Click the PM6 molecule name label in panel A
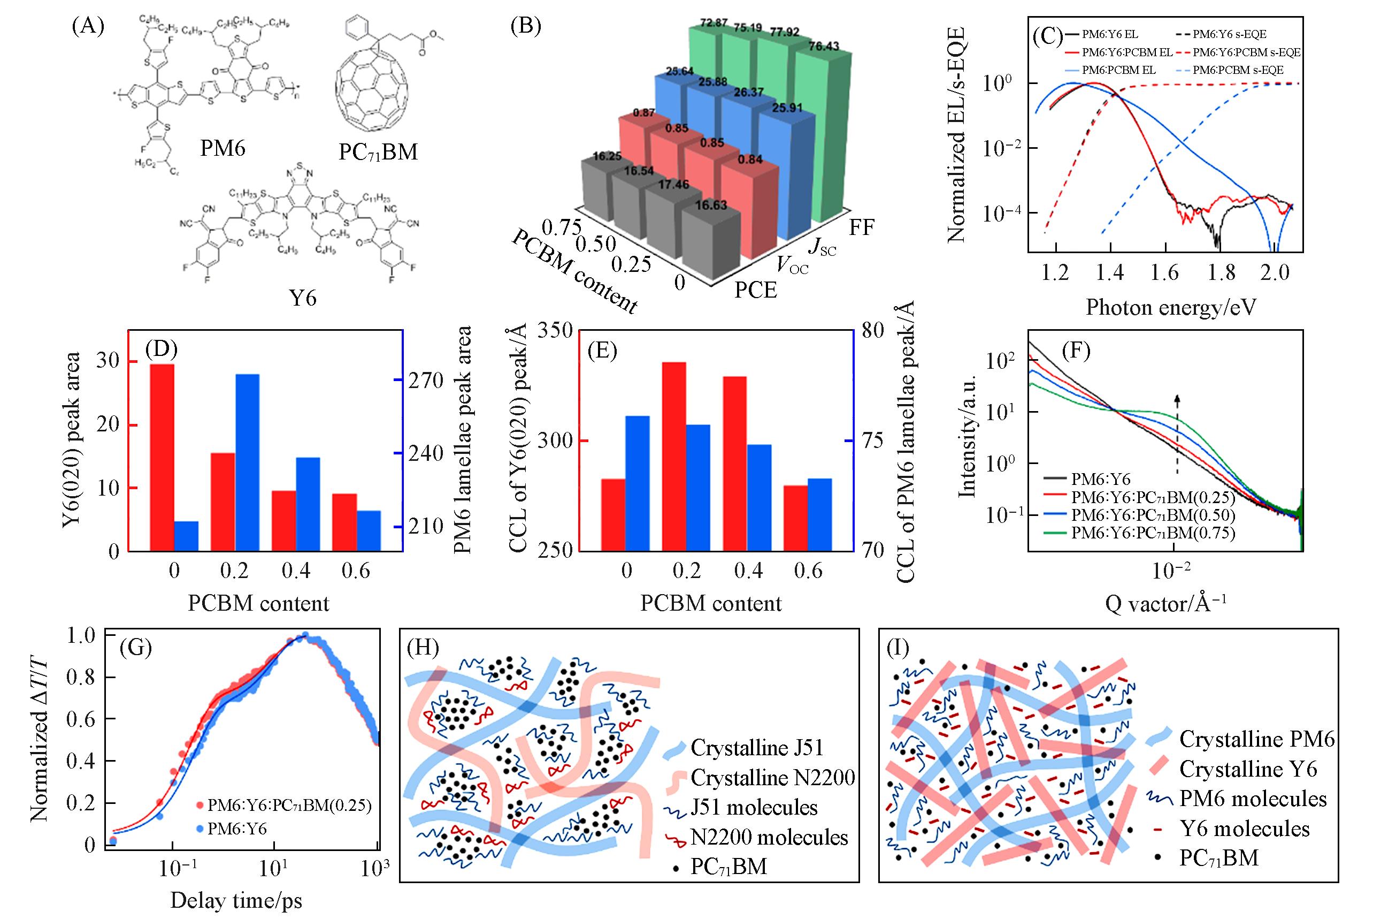[223, 148]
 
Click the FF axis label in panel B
[862, 227]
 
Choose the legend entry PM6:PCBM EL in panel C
[1118, 70]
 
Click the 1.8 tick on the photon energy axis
[1221, 272]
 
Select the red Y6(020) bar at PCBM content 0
[162, 457]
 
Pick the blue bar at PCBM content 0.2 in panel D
[247, 462]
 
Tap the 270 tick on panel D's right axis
[429, 381]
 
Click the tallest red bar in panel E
[673, 457]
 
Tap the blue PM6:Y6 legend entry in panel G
[237, 829]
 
